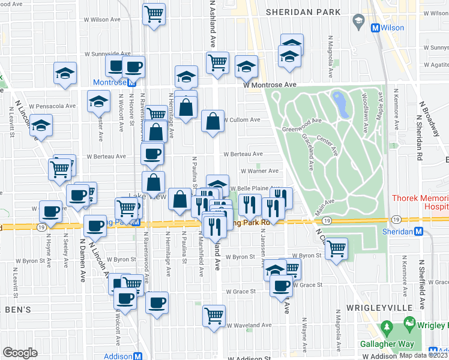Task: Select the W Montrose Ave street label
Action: point(270,85)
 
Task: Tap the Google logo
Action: point(20,352)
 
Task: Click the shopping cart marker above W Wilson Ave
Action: point(154,14)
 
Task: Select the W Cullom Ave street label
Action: point(243,120)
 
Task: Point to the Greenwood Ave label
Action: point(303,124)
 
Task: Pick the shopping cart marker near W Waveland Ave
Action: point(214,314)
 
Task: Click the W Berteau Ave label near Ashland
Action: point(243,154)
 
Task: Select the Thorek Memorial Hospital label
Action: point(420,202)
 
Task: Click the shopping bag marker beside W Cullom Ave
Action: point(213,122)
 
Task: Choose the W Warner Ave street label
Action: point(259,171)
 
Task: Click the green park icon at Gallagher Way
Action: point(387,329)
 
